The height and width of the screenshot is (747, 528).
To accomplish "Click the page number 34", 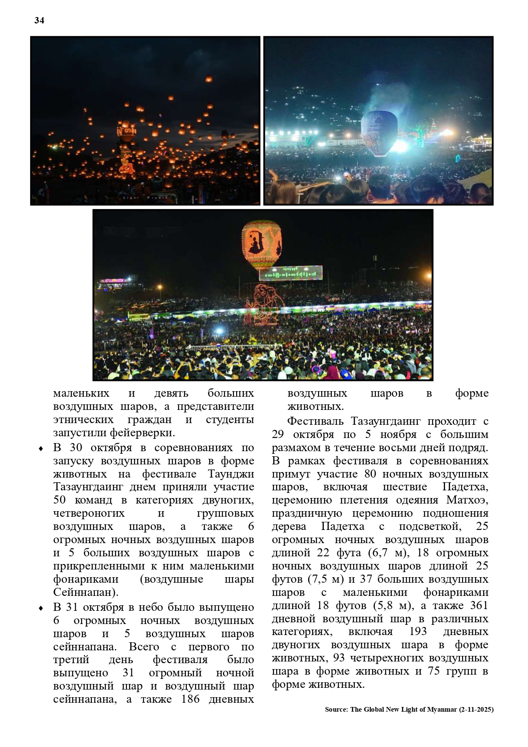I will click(39, 20).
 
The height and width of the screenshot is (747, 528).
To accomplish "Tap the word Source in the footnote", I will click(335, 710).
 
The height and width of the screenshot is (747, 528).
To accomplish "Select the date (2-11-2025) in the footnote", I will click(476, 710).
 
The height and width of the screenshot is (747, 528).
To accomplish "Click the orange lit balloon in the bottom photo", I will click(262, 245).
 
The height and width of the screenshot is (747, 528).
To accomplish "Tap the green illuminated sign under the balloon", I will click(291, 273).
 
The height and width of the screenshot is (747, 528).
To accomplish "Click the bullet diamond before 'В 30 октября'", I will click(41, 449).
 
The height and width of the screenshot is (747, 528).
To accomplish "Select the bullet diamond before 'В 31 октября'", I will click(41, 608).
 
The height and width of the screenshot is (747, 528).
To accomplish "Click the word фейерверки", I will click(142, 433).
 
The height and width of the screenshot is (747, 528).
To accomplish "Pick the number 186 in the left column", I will click(190, 699).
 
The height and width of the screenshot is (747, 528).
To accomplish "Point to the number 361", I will click(479, 605).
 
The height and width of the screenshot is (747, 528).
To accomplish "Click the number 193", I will click(418, 632).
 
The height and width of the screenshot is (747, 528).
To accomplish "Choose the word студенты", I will click(230, 420).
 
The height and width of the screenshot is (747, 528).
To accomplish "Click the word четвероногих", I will click(89, 513).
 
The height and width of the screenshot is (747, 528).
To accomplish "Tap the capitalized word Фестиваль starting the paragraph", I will click(316, 421).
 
